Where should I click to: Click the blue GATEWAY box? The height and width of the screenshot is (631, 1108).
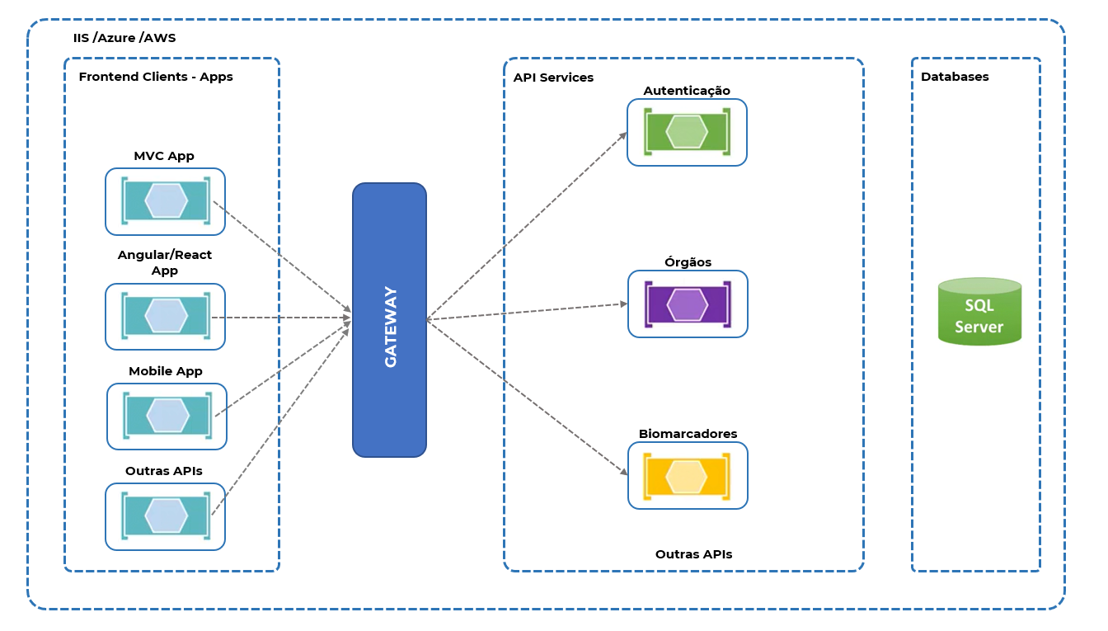pos(389,320)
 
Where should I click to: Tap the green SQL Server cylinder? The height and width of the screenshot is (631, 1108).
pos(979,311)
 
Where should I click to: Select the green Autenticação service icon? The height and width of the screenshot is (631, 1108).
pos(687,132)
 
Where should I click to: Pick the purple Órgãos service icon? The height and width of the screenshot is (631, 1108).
pos(688,304)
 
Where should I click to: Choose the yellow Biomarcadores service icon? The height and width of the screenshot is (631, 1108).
pos(688,476)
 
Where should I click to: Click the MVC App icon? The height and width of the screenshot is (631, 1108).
pos(165,201)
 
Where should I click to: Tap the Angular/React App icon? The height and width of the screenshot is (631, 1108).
pos(165,317)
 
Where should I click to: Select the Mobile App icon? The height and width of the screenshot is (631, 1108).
pos(167,417)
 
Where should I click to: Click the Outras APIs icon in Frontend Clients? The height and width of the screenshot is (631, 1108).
pos(165,516)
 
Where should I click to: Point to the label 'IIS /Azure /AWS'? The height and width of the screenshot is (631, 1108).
pos(124,38)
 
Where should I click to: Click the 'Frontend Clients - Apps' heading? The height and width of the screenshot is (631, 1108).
pos(156,77)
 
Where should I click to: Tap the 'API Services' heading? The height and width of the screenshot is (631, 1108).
pos(553,78)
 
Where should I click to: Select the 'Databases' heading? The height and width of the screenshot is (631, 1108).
pos(955,77)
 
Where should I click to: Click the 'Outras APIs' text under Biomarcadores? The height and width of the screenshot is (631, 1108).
pos(693,554)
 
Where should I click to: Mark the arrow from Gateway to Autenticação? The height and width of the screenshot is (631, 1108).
pos(527,226)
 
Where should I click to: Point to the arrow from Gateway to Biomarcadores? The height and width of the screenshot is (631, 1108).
pos(528,398)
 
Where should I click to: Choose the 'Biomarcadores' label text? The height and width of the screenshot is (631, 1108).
pos(688,434)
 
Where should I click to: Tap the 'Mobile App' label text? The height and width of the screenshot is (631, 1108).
pos(165,372)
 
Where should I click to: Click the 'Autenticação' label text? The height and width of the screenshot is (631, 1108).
pos(687,91)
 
